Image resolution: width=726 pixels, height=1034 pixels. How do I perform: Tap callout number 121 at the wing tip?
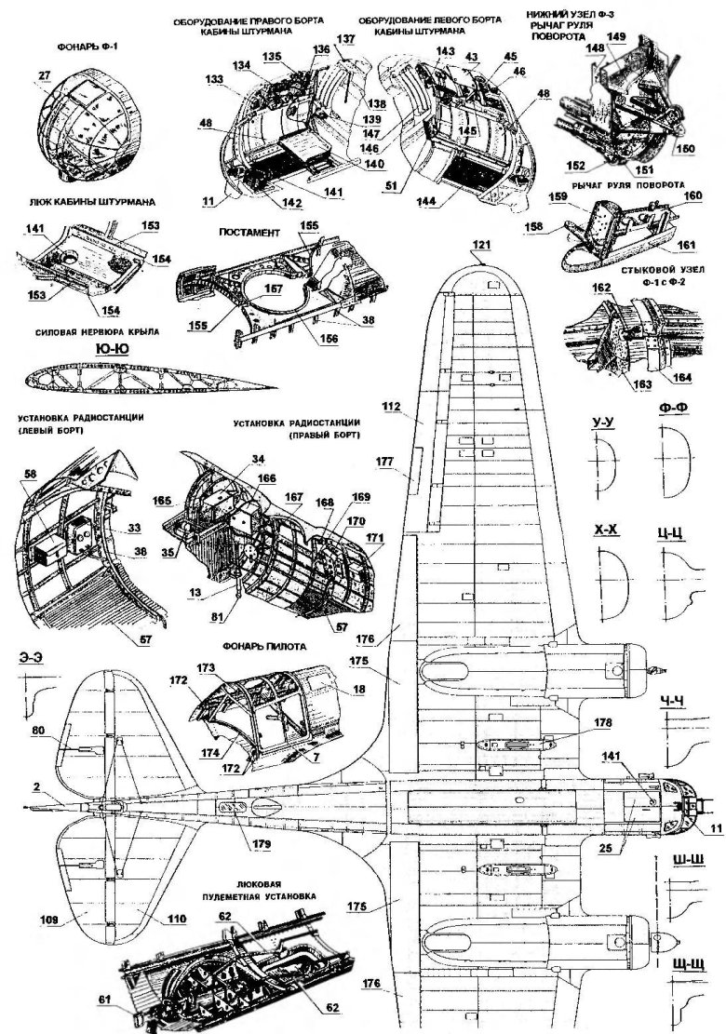point(479,246)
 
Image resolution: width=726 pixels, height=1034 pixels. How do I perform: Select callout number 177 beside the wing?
point(386,461)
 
